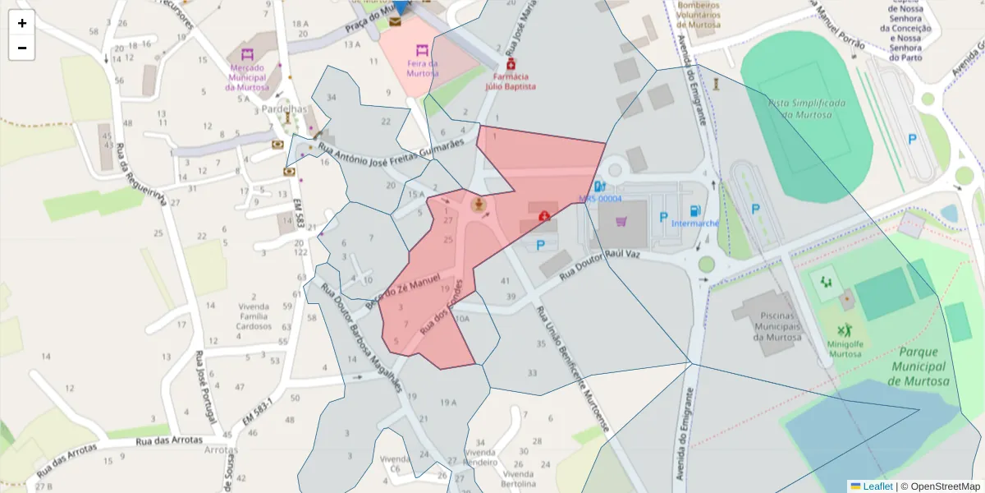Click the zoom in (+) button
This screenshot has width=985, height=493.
pos(22,23)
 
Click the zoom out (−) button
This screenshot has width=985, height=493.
pos(22,48)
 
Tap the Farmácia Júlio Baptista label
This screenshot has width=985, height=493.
pos(511,81)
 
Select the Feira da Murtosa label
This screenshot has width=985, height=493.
pos(422,68)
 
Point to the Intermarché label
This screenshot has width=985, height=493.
pos(695,223)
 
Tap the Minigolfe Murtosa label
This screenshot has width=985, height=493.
pos(845,348)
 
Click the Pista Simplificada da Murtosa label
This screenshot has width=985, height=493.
pos(806,108)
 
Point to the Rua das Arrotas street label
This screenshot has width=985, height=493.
pos(168,440)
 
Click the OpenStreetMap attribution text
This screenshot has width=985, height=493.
pos(940,486)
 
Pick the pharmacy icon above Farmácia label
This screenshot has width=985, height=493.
pos(511,63)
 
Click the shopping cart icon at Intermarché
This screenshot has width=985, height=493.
pos(621,220)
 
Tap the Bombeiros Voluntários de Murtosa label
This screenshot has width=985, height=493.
pos(698,15)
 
